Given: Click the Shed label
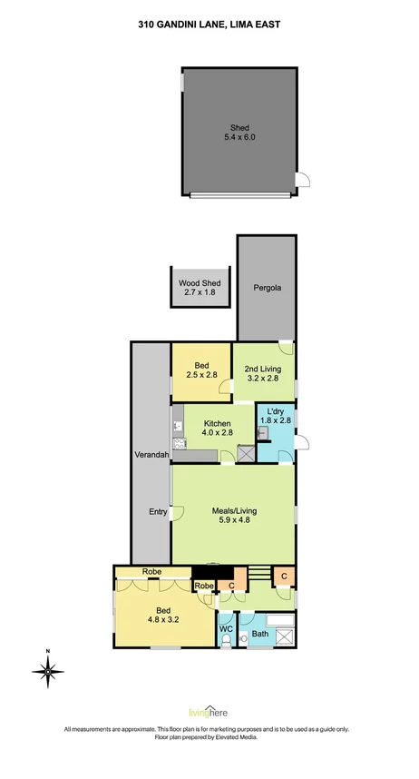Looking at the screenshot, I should pyautogui.click(x=239, y=128).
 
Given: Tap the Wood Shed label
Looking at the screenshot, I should pyautogui.click(x=200, y=283).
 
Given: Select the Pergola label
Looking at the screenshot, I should pyautogui.click(x=268, y=288).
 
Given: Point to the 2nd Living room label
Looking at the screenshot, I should pyautogui.click(x=263, y=368).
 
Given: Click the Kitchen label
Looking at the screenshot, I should pyautogui.click(x=218, y=423).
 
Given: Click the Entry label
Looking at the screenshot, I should pyautogui.click(x=158, y=512).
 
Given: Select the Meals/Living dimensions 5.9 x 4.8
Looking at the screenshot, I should pyautogui.click(x=235, y=521).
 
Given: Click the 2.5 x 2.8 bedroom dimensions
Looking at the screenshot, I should pyautogui.click(x=202, y=374).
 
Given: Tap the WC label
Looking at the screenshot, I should pyautogui.click(x=227, y=627).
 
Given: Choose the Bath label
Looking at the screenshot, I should pyautogui.click(x=260, y=634).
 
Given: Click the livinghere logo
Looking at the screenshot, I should pyautogui.click(x=209, y=713).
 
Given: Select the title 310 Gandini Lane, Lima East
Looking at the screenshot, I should pyautogui.click(x=209, y=26).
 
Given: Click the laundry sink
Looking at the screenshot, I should pyautogui.click(x=263, y=434).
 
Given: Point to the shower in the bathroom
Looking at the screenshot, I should pyautogui.click(x=285, y=636).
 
